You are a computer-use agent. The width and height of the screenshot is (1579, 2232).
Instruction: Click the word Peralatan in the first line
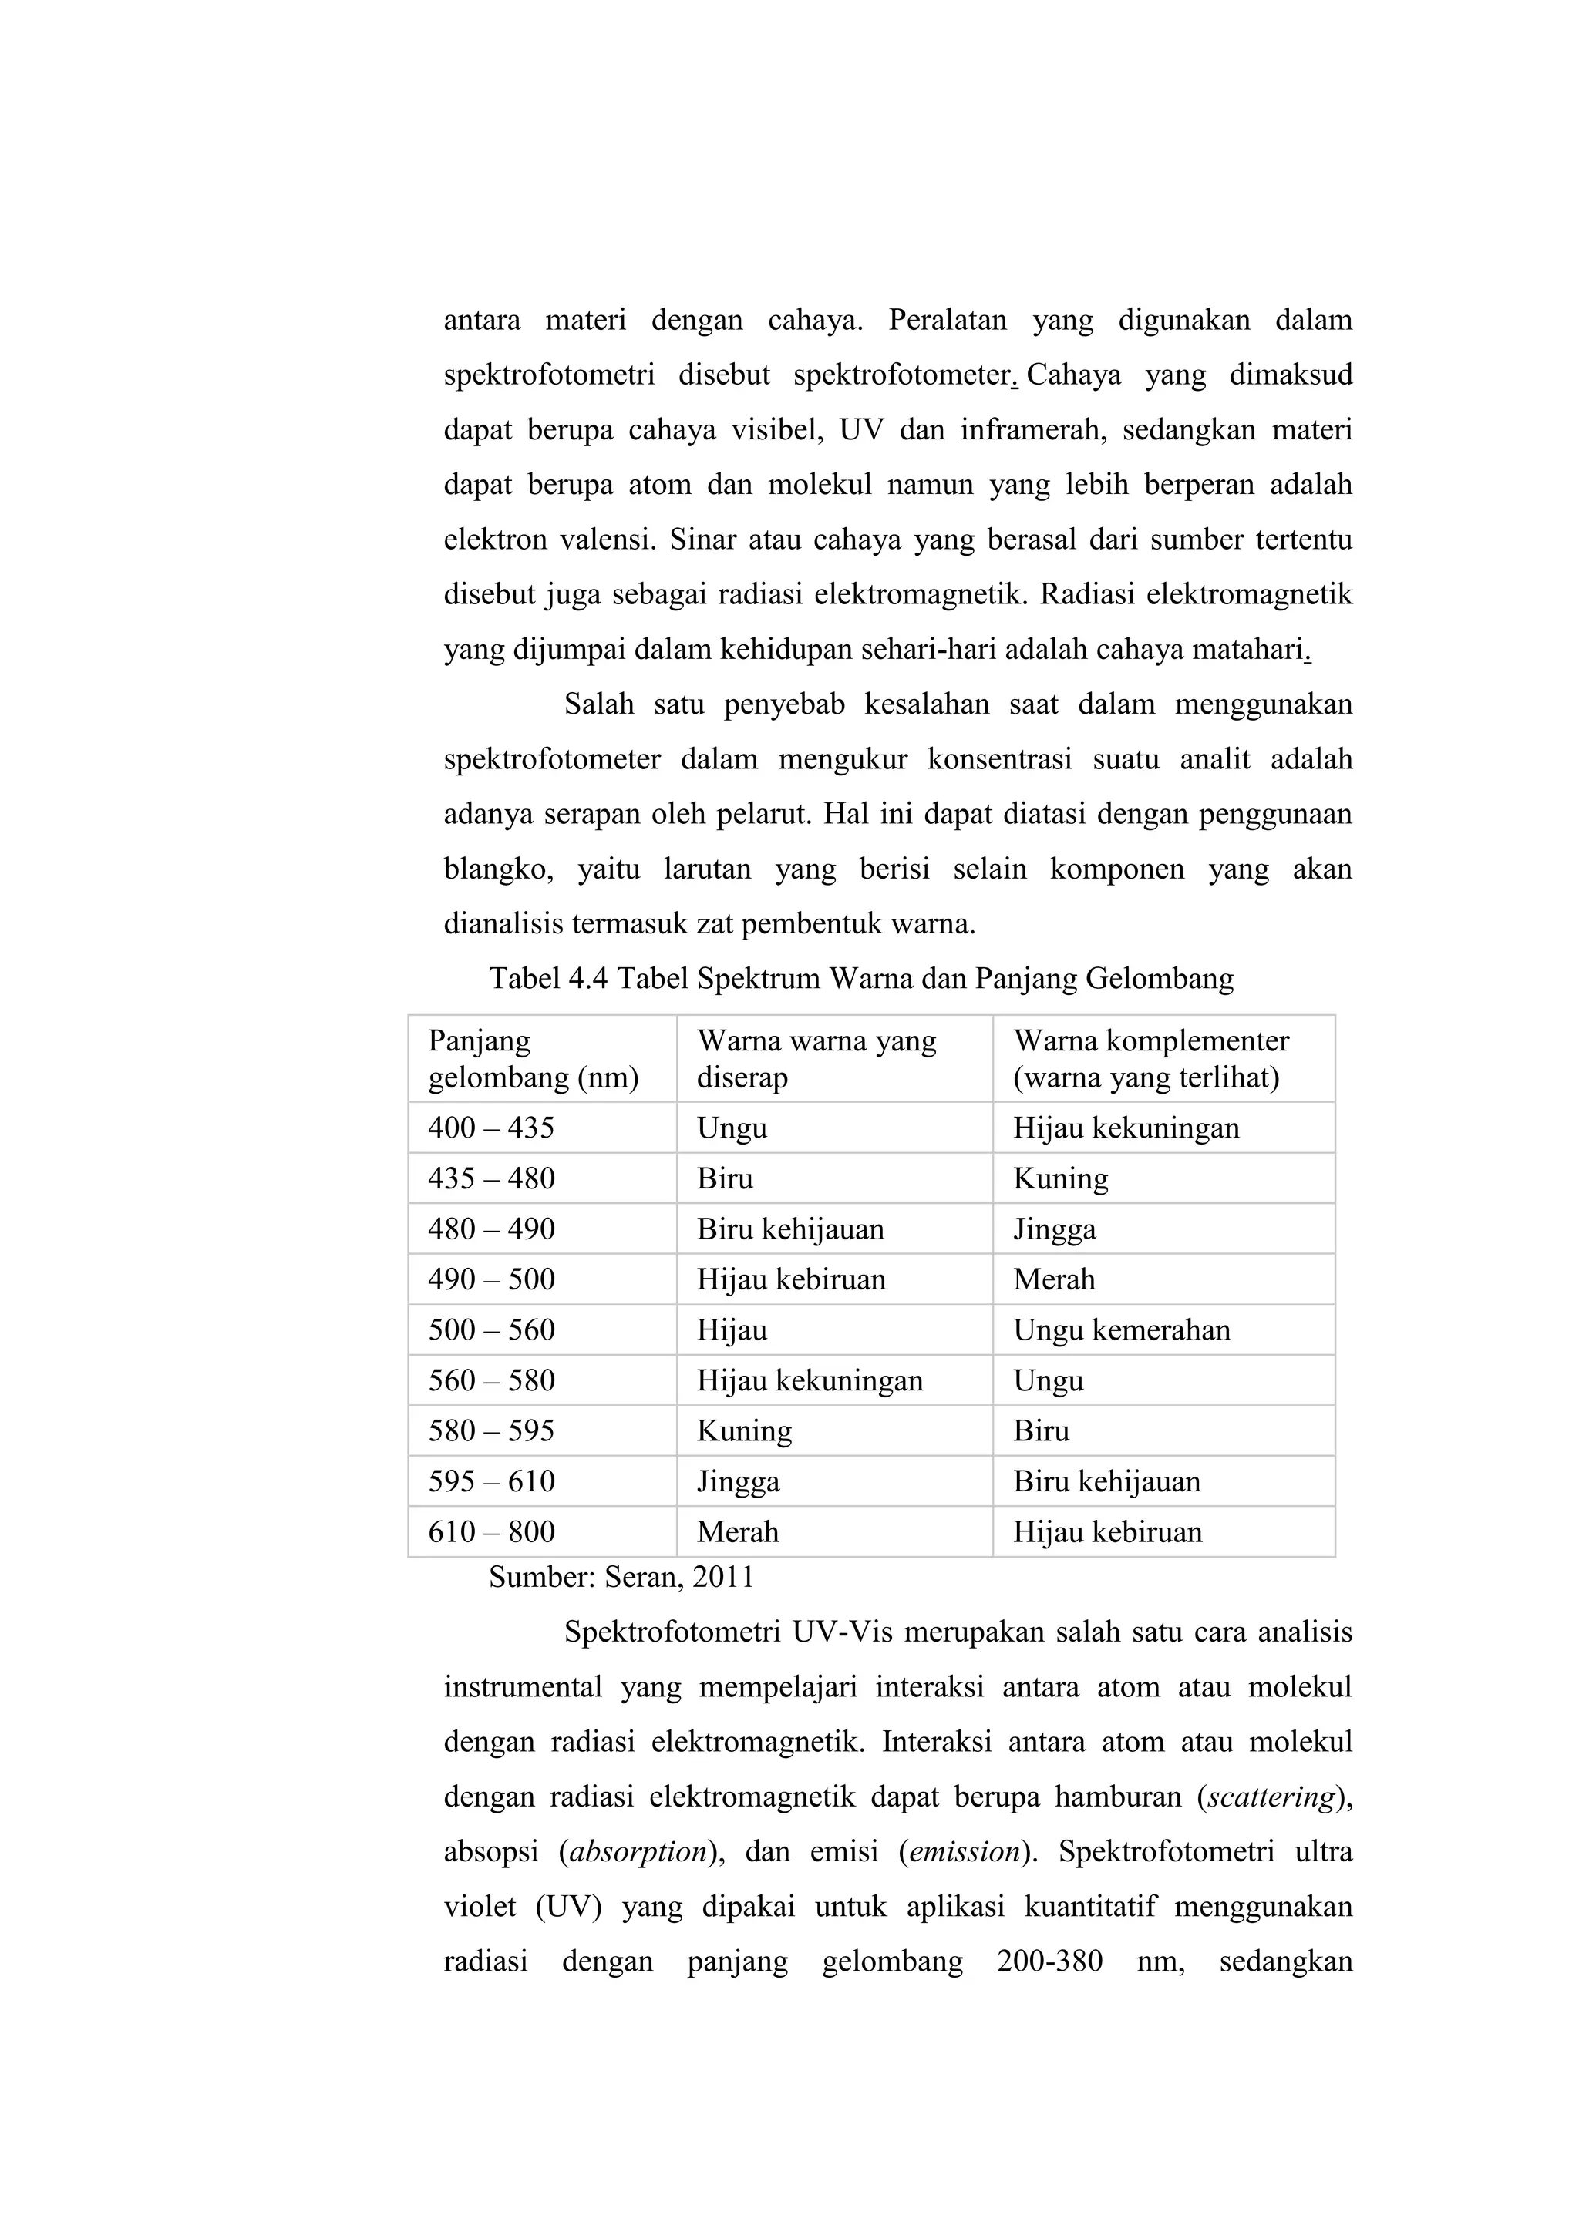point(947,320)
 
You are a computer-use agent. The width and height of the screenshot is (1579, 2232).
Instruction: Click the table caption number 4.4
point(586,978)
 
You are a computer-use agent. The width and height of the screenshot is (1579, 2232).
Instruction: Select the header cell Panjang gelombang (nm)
point(533,1059)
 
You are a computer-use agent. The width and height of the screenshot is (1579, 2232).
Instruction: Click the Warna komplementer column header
point(1150,1059)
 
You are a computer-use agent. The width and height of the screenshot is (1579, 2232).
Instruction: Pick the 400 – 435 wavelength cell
point(491,1128)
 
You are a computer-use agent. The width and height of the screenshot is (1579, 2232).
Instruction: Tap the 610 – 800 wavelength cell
point(491,1532)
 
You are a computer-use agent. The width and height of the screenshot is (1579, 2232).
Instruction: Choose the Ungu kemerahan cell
point(1121,1329)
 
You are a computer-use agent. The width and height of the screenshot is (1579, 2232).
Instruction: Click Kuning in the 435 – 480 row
point(1060,1178)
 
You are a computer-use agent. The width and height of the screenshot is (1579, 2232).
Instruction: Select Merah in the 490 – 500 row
point(1054,1279)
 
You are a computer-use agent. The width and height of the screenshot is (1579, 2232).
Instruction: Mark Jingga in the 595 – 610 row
point(738,1481)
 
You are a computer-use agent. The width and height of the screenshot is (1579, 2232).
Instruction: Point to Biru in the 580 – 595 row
point(1042,1431)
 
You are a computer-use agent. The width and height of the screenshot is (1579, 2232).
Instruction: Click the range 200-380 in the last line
point(1049,1961)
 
